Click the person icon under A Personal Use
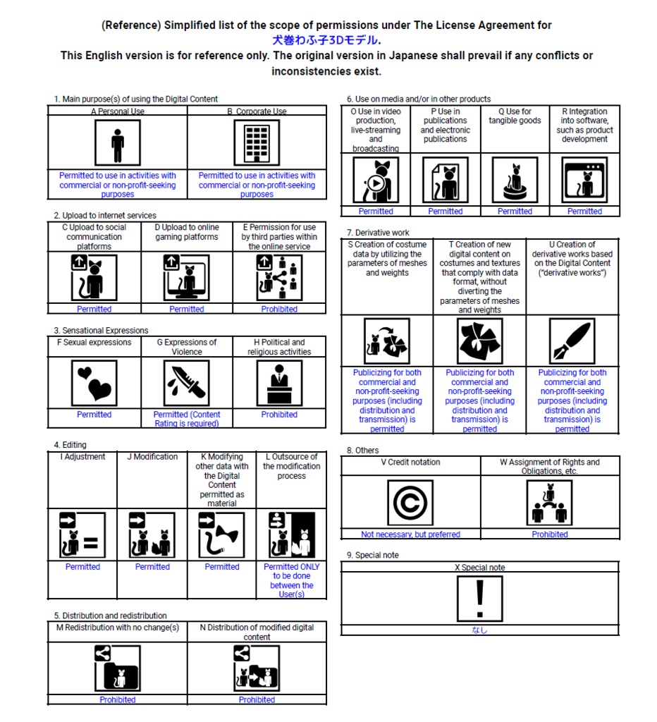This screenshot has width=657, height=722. (x=118, y=144)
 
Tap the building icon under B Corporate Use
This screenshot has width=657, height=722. (x=257, y=144)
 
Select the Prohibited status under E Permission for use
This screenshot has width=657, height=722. (x=279, y=310)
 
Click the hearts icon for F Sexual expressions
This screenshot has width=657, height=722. (x=94, y=383)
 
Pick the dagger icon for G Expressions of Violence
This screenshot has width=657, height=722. (x=187, y=383)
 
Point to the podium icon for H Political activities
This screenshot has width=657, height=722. (x=279, y=383)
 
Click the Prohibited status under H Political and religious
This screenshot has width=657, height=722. (x=279, y=415)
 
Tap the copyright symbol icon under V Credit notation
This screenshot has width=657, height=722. (x=410, y=503)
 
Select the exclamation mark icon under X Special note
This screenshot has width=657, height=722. (x=479, y=599)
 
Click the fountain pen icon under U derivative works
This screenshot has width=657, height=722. (x=572, y=341)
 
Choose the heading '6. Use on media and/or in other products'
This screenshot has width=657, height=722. (x=419, y=99)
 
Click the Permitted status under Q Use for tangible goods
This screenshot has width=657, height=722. (x=515, y=212)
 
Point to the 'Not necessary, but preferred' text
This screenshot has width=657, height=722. (x=410, y=534)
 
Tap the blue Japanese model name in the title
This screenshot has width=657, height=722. (x=326, y=40)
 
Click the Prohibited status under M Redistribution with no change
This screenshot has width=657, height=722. (x=118, y=700)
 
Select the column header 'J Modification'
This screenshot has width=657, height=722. (x=152, y=457)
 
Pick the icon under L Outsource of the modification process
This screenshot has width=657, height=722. (x=292, y=535)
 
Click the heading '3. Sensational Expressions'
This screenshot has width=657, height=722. (x=101, y=331)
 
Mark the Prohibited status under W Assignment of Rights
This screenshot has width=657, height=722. (x=550, y=534)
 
